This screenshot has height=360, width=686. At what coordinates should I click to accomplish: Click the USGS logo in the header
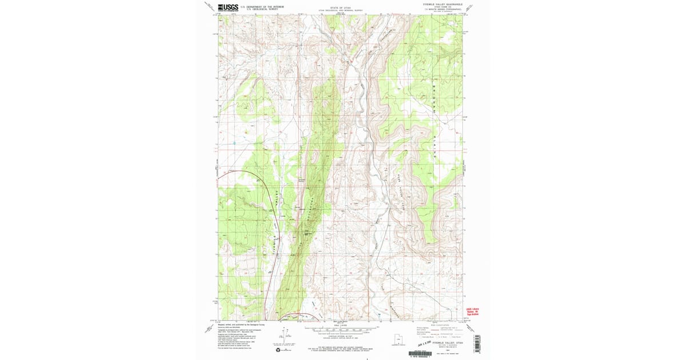(x=228, y=7)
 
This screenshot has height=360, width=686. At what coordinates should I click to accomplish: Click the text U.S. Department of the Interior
(x=262, y=6)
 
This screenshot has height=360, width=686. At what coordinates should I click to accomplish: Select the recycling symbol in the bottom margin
(x=277, y=350)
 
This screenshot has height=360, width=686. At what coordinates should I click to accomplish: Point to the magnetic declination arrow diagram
(x=285, y=335)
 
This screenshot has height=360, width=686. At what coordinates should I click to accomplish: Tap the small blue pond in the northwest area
(x=234, y=142)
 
